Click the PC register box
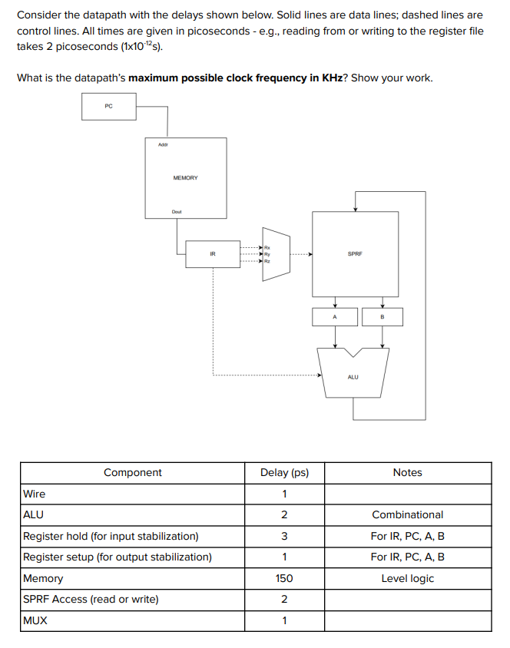[x=108, y=107]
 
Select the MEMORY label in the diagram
[x=185, y=178]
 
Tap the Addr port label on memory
[x=163, y=144]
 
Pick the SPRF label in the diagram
[x=355, y=253]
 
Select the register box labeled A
[x=334, y=316]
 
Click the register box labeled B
[x=382, y=316]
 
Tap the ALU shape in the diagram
[x=353, y=373]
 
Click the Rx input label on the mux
[x=267, y=246]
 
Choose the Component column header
[x=132, y=473]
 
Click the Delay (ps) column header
[x=284, y=473]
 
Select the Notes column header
[x=407, y=473]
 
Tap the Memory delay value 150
[x=284, y=578]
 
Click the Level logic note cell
[x=408, y=578]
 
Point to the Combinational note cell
[x=408, y=514]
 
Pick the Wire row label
[x=35, y=494]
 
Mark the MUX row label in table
[x=35, y=620]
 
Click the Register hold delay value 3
[x=284, y=536]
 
